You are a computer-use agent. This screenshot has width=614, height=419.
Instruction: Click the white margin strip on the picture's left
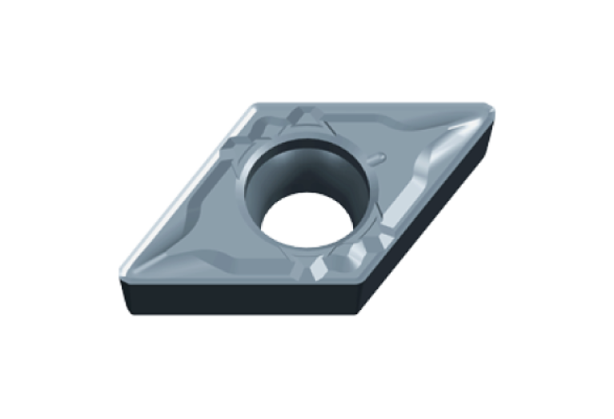(48, 208)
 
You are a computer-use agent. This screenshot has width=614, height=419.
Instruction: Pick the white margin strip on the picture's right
(564, 208)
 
